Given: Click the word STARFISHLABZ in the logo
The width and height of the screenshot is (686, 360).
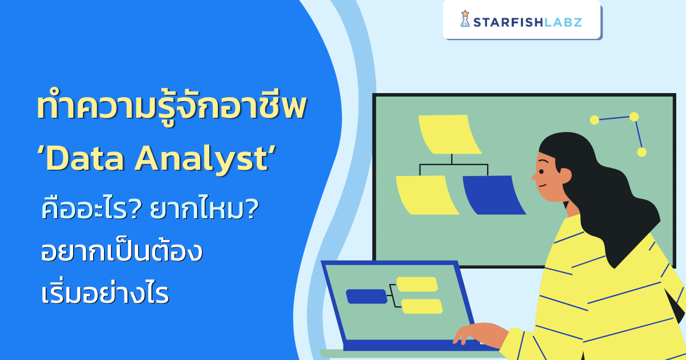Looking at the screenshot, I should [528, 22].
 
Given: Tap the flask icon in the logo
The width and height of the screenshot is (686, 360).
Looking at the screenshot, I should [465, 19].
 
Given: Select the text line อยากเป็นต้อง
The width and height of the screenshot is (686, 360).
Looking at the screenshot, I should [121, 251].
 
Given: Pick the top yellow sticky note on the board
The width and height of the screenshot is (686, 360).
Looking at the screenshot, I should [450, 134].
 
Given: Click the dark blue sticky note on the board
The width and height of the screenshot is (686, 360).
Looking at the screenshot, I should [493, 195].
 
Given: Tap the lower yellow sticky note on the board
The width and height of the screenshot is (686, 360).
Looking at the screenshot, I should [426, 195].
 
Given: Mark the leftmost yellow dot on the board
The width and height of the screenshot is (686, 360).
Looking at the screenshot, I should [594, 119].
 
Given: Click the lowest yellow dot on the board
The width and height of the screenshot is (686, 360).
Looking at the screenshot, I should [641, 152].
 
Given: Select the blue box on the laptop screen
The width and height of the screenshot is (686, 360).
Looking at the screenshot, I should [366, 296].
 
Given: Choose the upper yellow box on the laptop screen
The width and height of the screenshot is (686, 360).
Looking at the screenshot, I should [417, 284].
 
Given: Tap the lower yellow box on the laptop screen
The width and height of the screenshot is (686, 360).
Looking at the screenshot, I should [422, 306].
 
